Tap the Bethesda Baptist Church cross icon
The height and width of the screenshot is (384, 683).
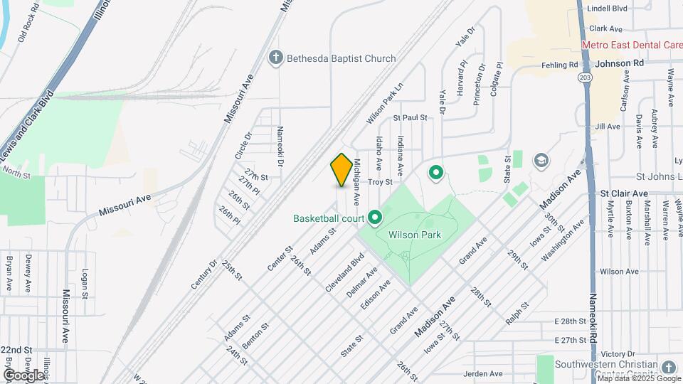pyautogui.click(x=277, y=58)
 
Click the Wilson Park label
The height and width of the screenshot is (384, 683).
pyautogui.click(x=415, y=235)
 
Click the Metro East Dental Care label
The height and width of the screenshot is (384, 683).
pyautogui.click(x=632, y=45)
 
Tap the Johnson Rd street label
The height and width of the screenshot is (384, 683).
pyautogui.click(x=619, y=63)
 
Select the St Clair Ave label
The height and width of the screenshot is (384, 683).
pyautogui.click(x=624, y=193)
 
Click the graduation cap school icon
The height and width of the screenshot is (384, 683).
pyautogui.click(x=541, y=160)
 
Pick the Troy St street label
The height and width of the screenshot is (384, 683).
pyautogui.click(x=380, y=182)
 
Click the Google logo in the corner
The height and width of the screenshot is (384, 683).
pyautogui.click(x=23, y=375)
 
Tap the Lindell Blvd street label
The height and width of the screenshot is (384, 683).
pyautogui.click(x=607, y=9)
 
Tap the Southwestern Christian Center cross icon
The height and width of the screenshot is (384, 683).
pyautogui.click(x=667, y=367)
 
